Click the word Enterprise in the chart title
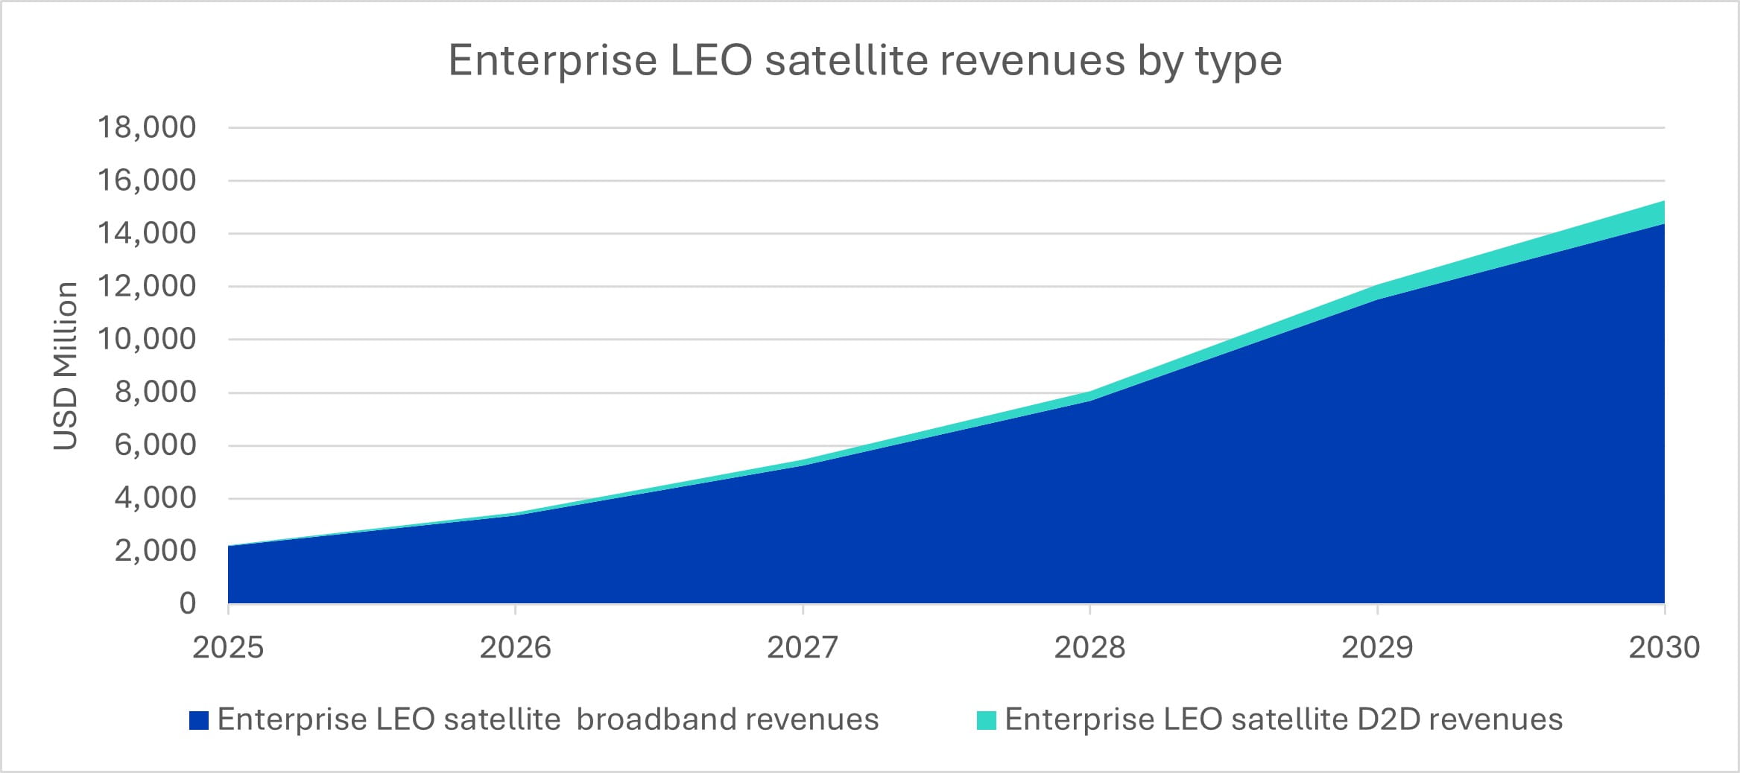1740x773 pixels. point(552,61)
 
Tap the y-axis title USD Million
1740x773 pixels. point(66,366)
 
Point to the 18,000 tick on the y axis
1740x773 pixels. point(147,127)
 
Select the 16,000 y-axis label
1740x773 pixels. point(147,180)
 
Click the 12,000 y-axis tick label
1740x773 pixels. point(147,286)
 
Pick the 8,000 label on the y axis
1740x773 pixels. point(155,392)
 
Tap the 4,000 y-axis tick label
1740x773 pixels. point(155,497)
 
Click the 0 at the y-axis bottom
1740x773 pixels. point(188,603)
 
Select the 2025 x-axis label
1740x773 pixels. point(228,647)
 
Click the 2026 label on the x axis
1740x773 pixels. point(515,647)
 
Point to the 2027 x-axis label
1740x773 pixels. point(803,647)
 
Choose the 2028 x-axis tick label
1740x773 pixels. point(1089,647)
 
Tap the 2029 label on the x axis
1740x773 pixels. point(1377,647)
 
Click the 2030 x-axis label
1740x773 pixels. point(1663,647)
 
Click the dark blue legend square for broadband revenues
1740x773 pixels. point(198,720)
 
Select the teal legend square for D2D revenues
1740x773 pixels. point(986,720)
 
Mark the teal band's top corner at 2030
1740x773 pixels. point(1663,202)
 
